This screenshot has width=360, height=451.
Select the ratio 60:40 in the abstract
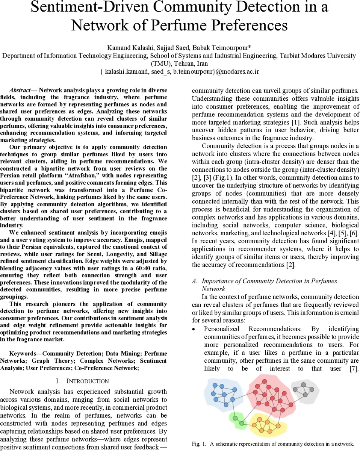point(134,268)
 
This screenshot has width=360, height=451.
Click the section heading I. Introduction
point(82,381)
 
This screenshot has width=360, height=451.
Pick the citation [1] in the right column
point(296,122)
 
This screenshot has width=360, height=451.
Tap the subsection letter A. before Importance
point(195,281)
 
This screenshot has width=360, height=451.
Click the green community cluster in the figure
point(237,419)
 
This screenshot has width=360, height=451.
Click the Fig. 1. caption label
point(198,444)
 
